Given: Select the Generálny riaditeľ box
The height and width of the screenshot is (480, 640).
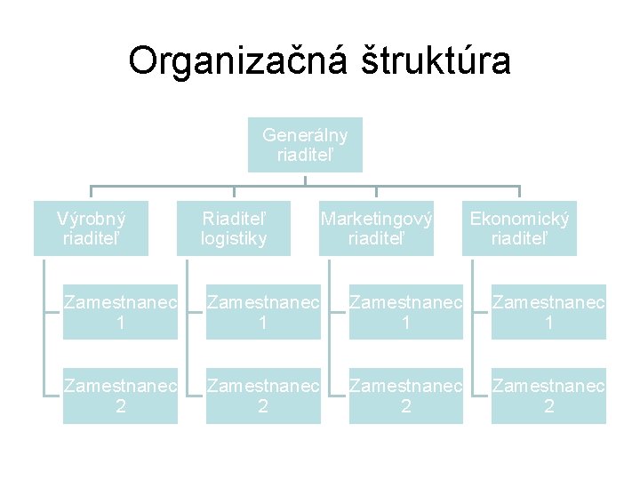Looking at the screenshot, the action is [305, 145].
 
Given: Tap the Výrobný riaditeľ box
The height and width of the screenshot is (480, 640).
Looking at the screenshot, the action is [91, 228].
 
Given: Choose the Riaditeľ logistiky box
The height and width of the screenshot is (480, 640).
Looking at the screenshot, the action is [234, 228].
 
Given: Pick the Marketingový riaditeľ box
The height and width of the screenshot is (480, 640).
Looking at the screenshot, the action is [377, 228].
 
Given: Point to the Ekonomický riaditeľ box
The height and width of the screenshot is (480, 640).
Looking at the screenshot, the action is [520, 228].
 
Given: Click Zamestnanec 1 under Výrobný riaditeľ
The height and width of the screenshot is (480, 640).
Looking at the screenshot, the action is [120, 312].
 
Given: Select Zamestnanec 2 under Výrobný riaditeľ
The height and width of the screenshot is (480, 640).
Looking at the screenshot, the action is [120, 396].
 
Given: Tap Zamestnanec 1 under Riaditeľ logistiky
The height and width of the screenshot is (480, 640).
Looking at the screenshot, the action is [263, 312].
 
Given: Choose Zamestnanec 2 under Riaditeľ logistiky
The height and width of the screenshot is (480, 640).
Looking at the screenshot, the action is [263, 396].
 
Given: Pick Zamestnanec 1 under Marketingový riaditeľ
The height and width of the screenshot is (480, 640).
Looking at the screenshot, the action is [406, 312].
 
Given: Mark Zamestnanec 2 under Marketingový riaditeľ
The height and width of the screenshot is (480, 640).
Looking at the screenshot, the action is [406, 396].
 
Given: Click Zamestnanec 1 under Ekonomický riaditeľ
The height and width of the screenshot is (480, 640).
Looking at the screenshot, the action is [549, 312].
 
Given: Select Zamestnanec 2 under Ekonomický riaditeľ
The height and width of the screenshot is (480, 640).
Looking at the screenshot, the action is [549, 396].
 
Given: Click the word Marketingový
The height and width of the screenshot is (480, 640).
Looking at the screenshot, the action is [377, 219].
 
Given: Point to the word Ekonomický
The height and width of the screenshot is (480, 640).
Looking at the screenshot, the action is [520, 219].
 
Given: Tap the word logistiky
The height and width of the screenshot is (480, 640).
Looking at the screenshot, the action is [234, 238].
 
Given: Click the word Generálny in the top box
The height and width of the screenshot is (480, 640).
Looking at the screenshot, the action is [305, 135].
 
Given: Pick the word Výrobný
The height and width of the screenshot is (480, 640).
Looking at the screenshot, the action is [91, 219].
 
